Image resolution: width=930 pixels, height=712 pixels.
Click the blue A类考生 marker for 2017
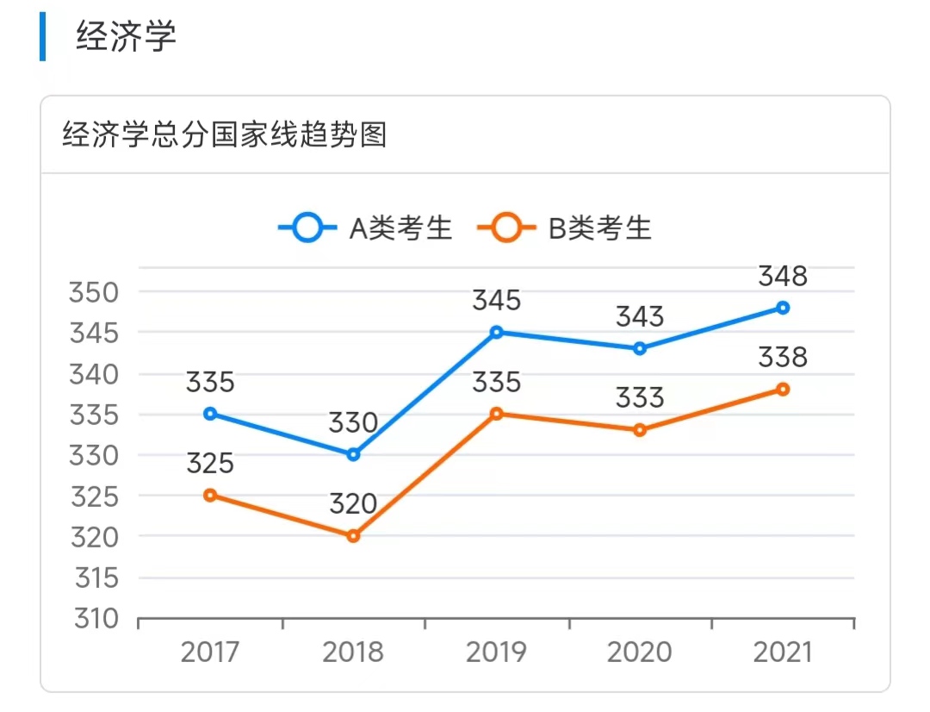click(x=210, y=414)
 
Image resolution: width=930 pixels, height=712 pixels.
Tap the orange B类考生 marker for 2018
click(x=353, y=536)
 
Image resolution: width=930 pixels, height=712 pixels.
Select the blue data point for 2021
click(x=783, y=308)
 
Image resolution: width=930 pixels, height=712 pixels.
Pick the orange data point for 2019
click(x=497, y=414)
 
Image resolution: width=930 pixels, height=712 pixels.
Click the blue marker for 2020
click(x=640, y=348)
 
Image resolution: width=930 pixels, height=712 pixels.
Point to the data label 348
click(x=783, y=277)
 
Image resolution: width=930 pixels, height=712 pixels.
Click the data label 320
click(x=353, y=504)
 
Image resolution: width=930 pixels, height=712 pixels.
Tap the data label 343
click(x=640, y=317)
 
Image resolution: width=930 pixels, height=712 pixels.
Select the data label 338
click(x=783, y=358)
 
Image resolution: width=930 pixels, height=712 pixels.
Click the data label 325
click(x=210, y=464)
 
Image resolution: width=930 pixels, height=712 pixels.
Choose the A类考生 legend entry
click(x=366, y=228)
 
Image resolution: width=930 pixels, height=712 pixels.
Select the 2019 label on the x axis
click(x=497, y=653)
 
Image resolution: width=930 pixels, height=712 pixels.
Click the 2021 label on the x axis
click(x=783, y=653)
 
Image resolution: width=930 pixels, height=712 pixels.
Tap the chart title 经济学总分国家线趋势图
click(x=224, y=136)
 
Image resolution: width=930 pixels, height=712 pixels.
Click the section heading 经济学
click(x=126, y=37)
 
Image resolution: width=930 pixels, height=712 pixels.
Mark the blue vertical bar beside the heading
click(x=42, y=37)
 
